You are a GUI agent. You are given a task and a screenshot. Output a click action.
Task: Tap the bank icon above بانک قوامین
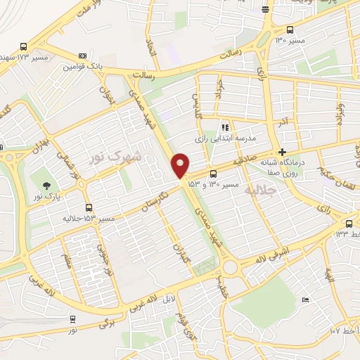tap(83, 56)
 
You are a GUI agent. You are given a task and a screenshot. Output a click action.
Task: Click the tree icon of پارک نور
tap(47, 186)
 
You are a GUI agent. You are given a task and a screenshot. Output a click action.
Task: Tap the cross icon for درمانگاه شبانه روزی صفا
tap(282, 152)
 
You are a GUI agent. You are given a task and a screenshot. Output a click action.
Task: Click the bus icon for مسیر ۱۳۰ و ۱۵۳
tap(213, 173)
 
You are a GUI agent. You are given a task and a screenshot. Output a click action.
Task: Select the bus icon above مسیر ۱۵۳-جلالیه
tap(88, 207)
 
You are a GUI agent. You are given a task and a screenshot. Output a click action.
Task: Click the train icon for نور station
tap(72, 319)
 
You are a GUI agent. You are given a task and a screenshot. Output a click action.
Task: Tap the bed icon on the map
tap(304, 300)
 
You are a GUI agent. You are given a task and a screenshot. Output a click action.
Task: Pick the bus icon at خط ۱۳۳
tap(348, 223)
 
